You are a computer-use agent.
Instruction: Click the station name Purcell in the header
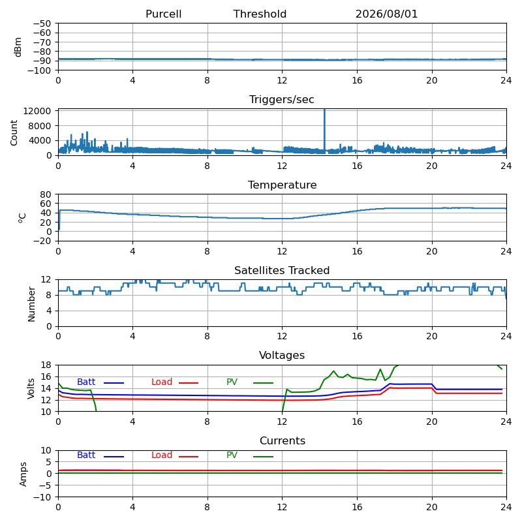(164, 14)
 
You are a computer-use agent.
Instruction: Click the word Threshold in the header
(260, 14)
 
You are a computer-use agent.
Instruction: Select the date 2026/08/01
(386, 14)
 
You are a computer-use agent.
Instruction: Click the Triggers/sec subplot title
(282, 99)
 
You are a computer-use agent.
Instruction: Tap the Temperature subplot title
(283, 185)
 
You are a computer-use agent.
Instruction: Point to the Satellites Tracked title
(282, 270)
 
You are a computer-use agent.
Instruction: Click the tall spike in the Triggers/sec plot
(324, 130)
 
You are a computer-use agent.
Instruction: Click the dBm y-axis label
(18, 47)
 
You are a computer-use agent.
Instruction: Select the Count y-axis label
(14, 132)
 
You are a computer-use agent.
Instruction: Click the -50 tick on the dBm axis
(42, 23)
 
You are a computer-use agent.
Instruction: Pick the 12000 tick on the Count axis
(37, 111)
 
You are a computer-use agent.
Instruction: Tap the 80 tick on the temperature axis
(46, 194)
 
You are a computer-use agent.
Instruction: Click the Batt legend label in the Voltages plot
(86, 382)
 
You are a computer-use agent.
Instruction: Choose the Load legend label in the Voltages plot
(162, 382)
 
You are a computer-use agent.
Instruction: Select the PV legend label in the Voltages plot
(232, 382)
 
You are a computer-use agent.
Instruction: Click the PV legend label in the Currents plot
(232, 455)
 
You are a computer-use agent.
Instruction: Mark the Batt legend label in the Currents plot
(86, 455)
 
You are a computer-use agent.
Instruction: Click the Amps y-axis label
(23, 474)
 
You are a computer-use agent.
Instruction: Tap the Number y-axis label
(31, 304)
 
